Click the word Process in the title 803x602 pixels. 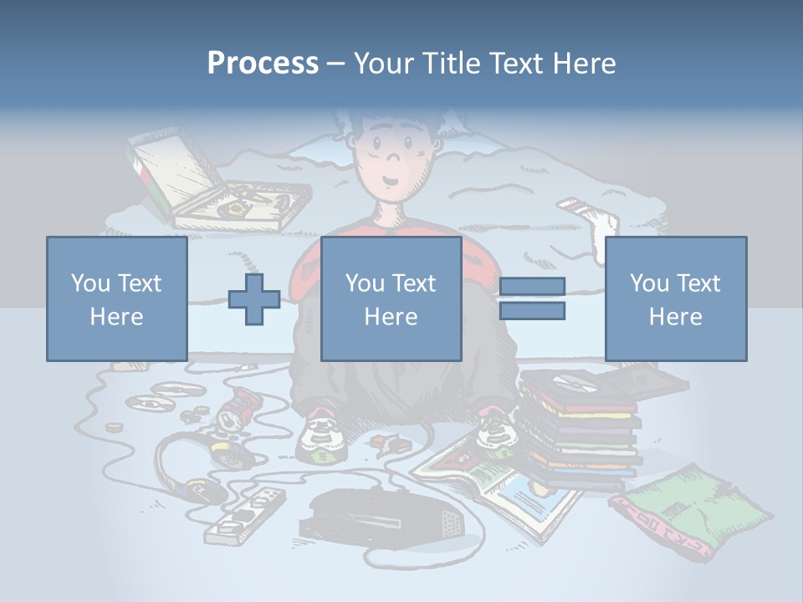tap(263, 63)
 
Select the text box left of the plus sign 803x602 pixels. tap(116, 298)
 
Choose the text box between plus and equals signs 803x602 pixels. tap(391, 298)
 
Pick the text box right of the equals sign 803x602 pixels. tap(675, 298)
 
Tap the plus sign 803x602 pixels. tap(254, 299)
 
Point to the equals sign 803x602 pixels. tap(531, 298)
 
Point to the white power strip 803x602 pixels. tap(243, 515)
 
